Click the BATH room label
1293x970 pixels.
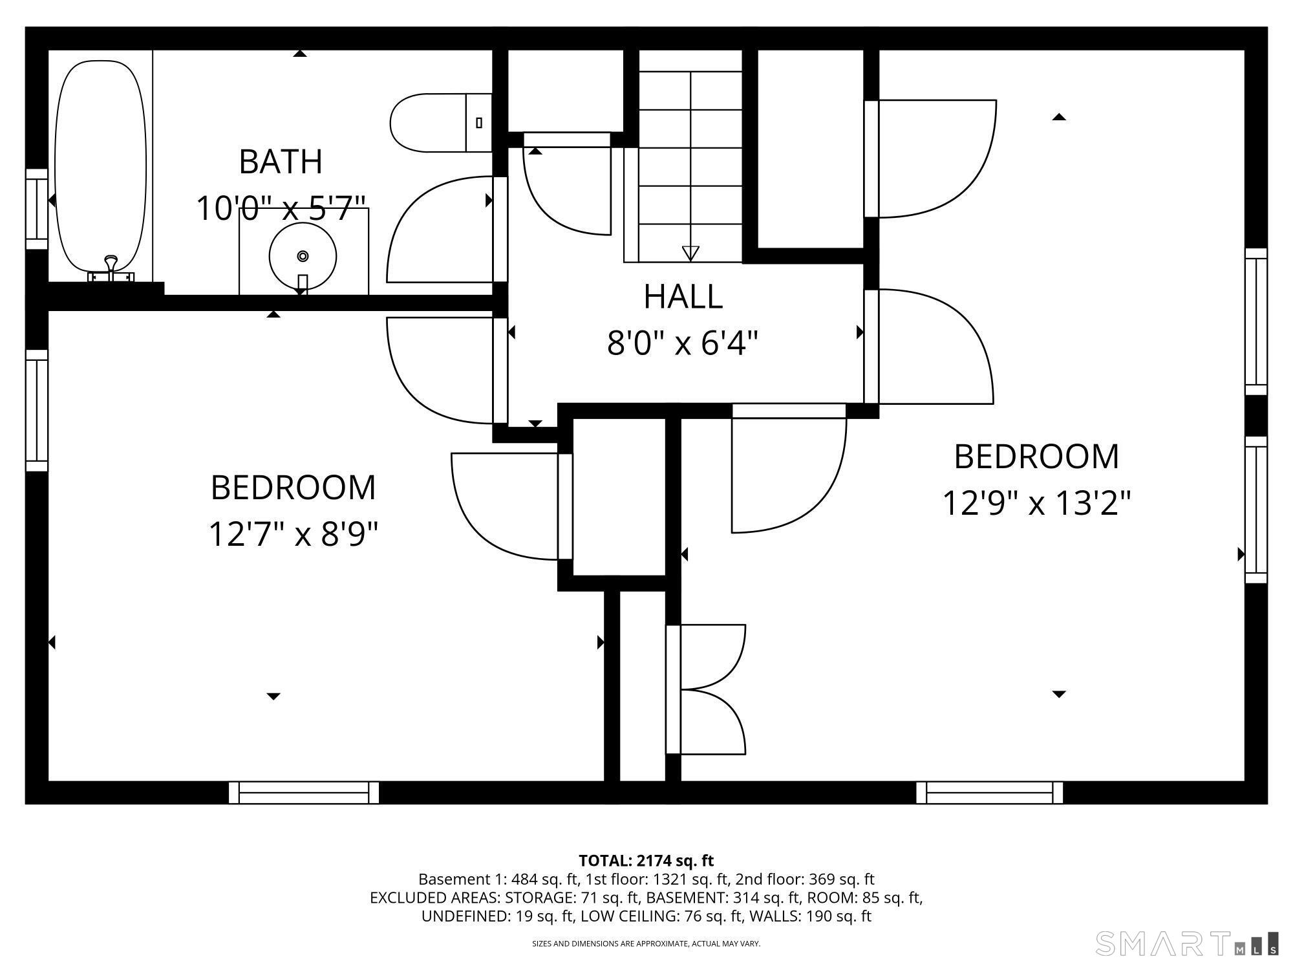[281, 162]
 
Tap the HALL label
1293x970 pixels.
[683, 297]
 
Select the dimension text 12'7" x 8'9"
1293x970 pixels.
[293, 535]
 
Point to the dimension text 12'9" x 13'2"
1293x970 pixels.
[1036, 503]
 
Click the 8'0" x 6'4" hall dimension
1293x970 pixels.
[682, 343]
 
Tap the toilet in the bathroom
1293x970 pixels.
[441, 123]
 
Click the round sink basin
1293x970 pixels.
[303, 256]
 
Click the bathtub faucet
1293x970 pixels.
[111, 268]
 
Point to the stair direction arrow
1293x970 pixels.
[690, 253]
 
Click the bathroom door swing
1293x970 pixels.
[440, 229]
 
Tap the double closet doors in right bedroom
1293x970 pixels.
[705, 689]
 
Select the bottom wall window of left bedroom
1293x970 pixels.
[303, 792]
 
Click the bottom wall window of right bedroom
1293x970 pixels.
[989, 792]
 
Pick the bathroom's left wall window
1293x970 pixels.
[37, 209]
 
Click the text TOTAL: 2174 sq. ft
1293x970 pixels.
[646, 861]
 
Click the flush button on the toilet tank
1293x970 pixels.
[479, 122]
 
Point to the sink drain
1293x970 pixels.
[303, 256]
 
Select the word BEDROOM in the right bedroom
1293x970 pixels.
[1036, 457]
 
